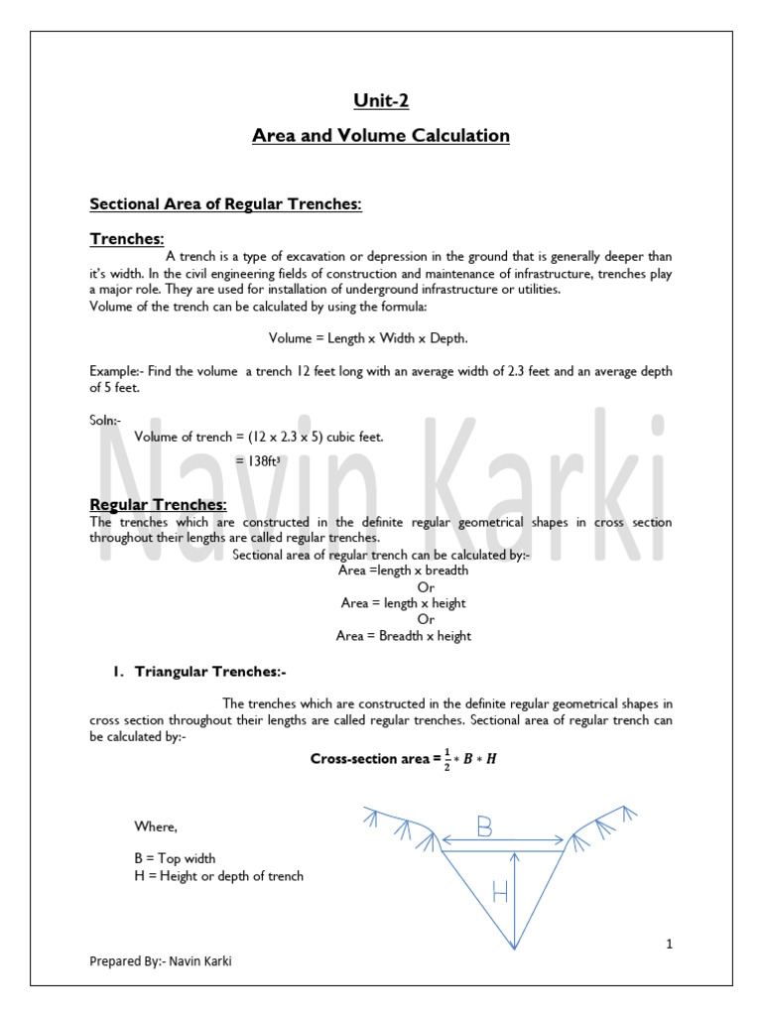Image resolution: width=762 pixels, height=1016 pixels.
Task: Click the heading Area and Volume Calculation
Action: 380,135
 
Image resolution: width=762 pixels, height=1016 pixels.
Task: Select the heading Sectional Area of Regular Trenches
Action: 226,203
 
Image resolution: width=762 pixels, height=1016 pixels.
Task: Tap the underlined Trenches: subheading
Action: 127,238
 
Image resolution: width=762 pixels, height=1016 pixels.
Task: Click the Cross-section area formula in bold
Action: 395,759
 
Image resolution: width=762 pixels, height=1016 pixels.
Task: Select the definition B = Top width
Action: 175,858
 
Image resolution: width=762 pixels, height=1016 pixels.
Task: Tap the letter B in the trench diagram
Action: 483,825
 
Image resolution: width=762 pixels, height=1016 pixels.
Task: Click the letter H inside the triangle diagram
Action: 499,892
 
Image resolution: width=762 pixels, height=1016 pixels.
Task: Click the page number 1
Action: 670,945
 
